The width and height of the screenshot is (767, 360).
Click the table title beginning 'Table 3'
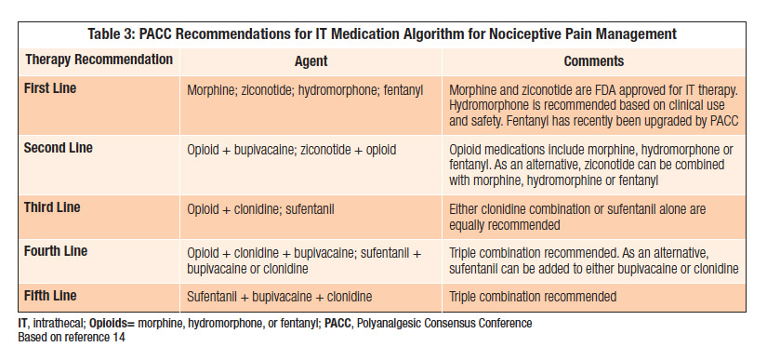382,34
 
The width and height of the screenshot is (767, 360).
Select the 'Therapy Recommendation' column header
99,60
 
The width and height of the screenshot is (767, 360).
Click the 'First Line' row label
50,89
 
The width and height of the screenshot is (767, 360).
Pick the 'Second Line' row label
58,148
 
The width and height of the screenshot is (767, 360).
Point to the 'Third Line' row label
51,207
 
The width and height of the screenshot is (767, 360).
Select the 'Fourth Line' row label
55,251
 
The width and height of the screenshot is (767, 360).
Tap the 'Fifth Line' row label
50,296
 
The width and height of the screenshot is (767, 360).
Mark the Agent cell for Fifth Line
279,297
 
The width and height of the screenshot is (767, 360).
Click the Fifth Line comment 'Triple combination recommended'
533,297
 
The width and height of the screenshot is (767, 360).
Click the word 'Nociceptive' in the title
522,34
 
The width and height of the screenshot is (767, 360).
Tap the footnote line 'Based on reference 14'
72,337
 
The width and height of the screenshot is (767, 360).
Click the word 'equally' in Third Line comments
470,224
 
